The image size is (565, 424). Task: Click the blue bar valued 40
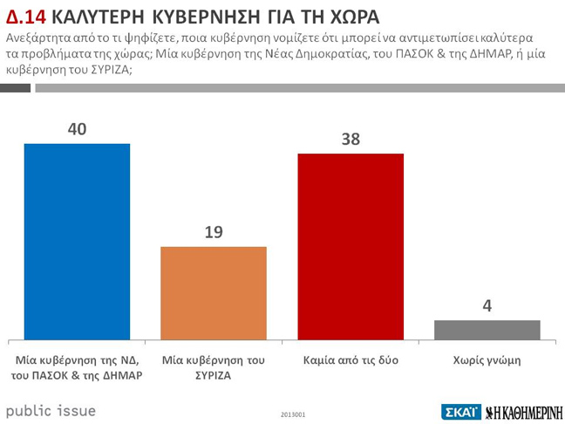coord(77,241)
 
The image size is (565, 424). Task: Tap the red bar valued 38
coord(351,246)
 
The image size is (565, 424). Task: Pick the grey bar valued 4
coord(487,330)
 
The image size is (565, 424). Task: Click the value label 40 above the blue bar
coord(77,129)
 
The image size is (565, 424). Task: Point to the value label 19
coord(214,232)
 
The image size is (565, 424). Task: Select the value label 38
coord(351,139)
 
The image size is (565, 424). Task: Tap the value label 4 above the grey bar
coord(487,306)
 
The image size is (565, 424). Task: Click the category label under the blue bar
coord(78,367)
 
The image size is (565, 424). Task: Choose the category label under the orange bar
coord(214,367)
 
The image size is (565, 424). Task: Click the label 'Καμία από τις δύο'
coord(351,359)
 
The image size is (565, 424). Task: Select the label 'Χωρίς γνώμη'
coord(487,359)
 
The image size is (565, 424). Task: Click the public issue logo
coord(51,410)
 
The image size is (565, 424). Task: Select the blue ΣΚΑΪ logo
coord(459,411)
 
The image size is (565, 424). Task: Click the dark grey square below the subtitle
coord(16,88)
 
